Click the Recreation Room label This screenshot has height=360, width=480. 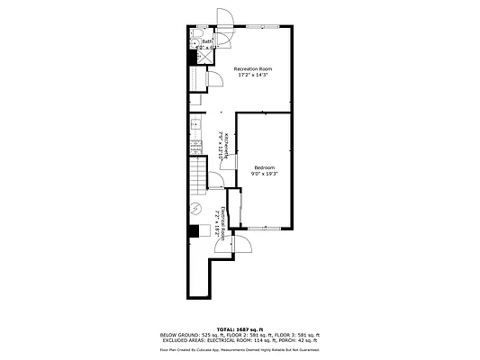click(x=253, y=68)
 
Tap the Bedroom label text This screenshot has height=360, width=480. click(x=264, y=166)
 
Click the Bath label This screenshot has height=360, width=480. click(x=207, y=40)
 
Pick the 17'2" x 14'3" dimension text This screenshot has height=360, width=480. click(x=253, y=75)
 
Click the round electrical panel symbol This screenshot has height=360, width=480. click(x=195, y=210)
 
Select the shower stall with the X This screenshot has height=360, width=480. click(x=205, y=54)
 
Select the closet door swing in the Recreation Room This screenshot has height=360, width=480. click(x=215, y=79)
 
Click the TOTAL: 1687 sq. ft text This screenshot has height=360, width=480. click(x=240, y=328)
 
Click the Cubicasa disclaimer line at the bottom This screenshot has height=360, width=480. click(x=240, y=350)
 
